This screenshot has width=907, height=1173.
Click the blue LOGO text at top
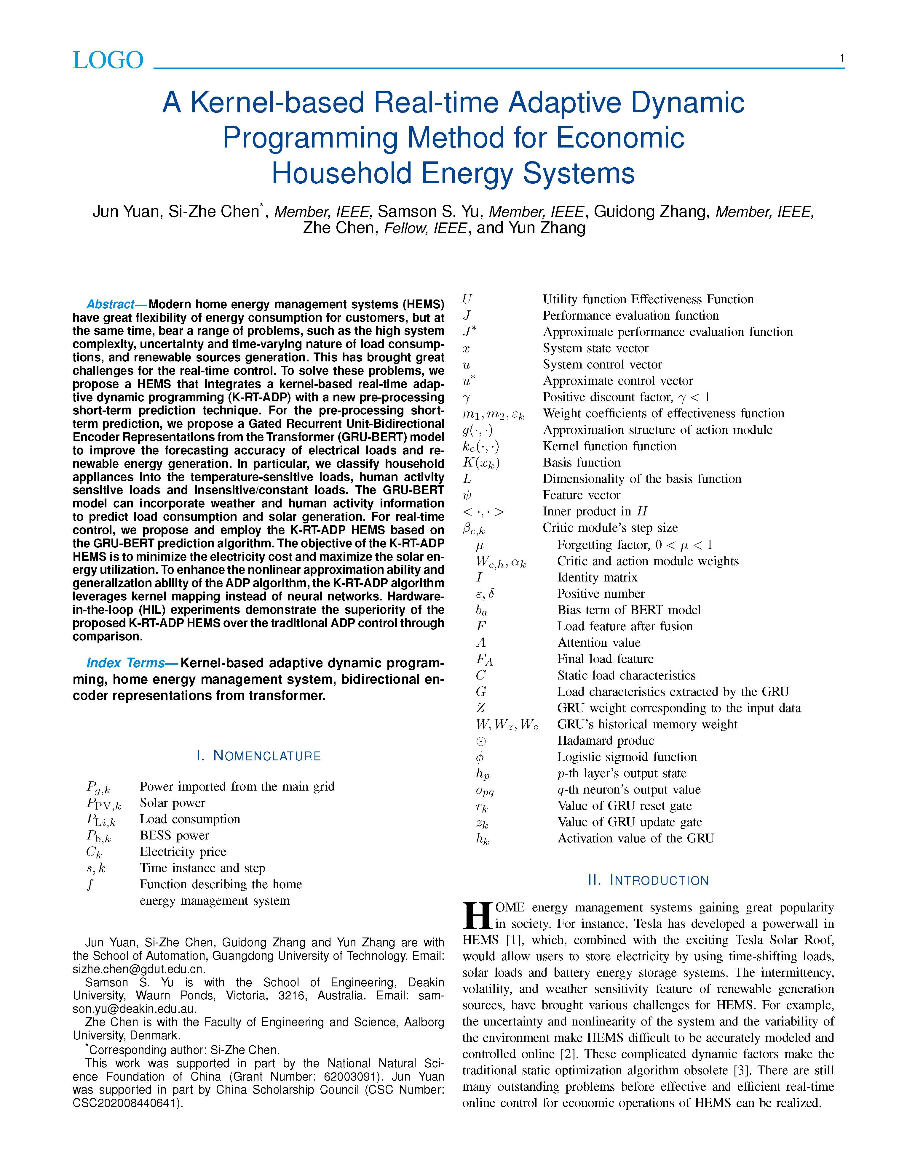(x=108, y=60)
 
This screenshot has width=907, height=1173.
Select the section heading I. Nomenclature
(x=258, y=756)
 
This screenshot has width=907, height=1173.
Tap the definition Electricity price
(x=183, y=852)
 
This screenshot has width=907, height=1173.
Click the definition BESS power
(x=174, y=835)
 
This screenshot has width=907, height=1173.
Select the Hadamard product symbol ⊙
(x=481, y=741)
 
